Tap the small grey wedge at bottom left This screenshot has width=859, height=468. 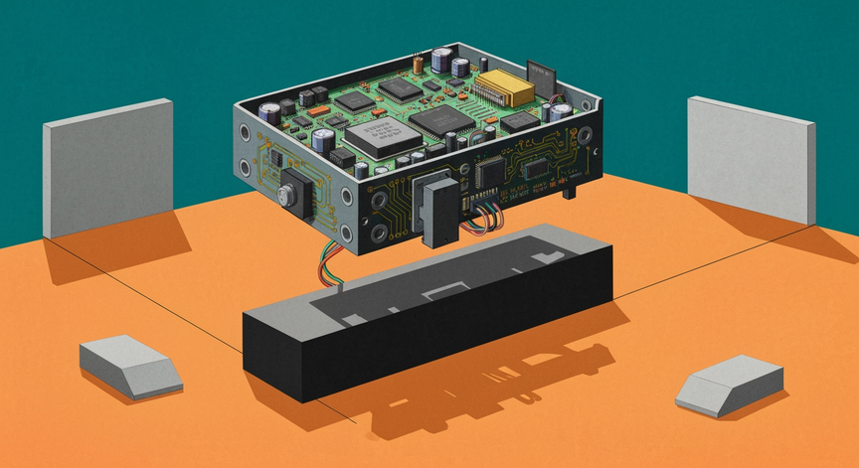click(x=130, y=365)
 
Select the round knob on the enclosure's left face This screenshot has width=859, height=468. click(x=292, y=191)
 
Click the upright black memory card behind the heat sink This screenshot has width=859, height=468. click(x=541, y=75)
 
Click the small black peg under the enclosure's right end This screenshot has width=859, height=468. click(x=570, y=190)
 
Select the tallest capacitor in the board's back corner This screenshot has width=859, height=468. click(x=460, y=66)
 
